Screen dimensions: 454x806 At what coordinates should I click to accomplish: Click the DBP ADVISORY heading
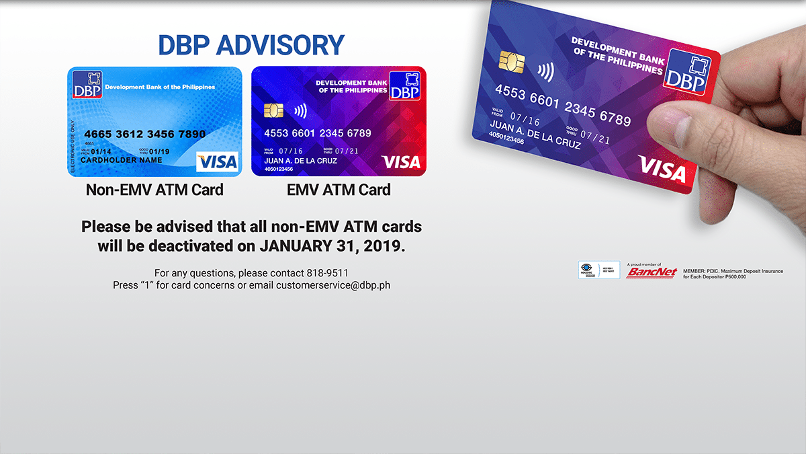pyautogui.click(x=251, y=45)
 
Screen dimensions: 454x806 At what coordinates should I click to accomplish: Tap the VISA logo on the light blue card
pyautogui.click(x=217, y=161)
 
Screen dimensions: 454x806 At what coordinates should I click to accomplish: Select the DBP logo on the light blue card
pyautogui.click(x=87, y=85)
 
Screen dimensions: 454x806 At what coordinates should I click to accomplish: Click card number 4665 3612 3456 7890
pyautogui.click(x=144, y=134)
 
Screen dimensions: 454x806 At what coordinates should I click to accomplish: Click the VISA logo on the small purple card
pyautogui.click(x=400, y=162)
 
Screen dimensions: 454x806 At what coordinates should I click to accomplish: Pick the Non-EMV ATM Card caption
pyautogui.click(x=154, y=190)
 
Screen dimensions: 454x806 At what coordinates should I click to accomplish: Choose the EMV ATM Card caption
pyautogui.click(x=339, y=190)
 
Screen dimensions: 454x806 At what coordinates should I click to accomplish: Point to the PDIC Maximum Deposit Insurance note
pyautogui.click(x=732, y=274)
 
